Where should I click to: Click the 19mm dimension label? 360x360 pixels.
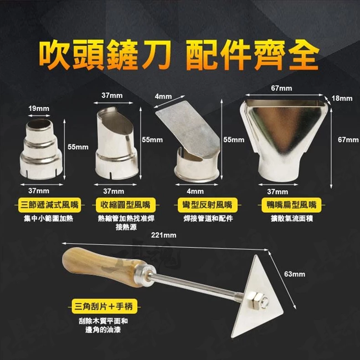pos(39,108)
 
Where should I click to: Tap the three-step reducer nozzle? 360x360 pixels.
pos(41,149)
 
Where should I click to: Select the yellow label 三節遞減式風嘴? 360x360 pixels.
pos(49,205)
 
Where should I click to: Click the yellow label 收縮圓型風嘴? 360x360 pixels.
pos(125,205)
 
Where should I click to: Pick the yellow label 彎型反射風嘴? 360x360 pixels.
pos(207,205)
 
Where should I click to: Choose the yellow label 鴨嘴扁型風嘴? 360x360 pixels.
pos(292,205)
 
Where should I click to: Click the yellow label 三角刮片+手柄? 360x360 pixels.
pos(104,306)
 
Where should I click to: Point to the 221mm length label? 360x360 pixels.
pos(164,235)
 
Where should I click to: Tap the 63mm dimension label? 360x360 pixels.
pos(294,274)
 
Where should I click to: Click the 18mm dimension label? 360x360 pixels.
pos(342,98)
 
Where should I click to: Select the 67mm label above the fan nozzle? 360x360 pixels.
pos(282,88)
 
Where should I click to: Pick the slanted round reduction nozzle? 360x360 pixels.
pos(116,143)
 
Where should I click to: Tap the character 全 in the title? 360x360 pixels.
pos(303,55)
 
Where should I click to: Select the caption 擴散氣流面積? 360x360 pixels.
pos(292,218)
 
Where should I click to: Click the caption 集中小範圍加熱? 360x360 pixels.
pos(48,218)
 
